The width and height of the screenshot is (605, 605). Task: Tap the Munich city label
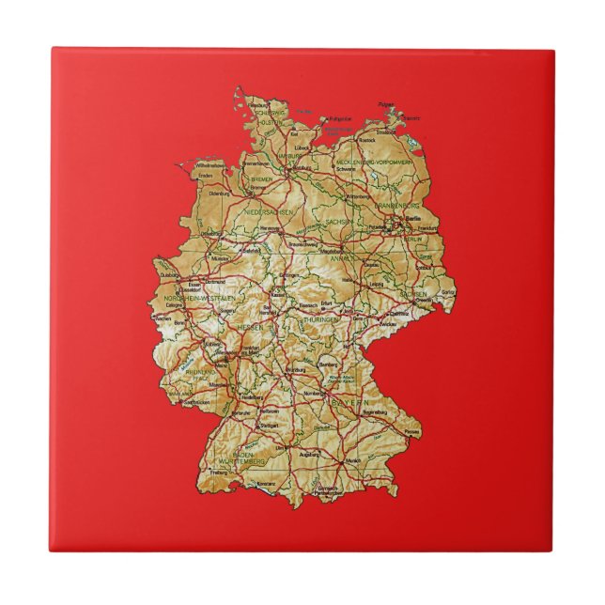coord(353,461)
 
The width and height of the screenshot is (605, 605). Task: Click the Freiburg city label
coord(219,473)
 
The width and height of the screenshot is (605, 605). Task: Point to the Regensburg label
coord(369,411)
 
